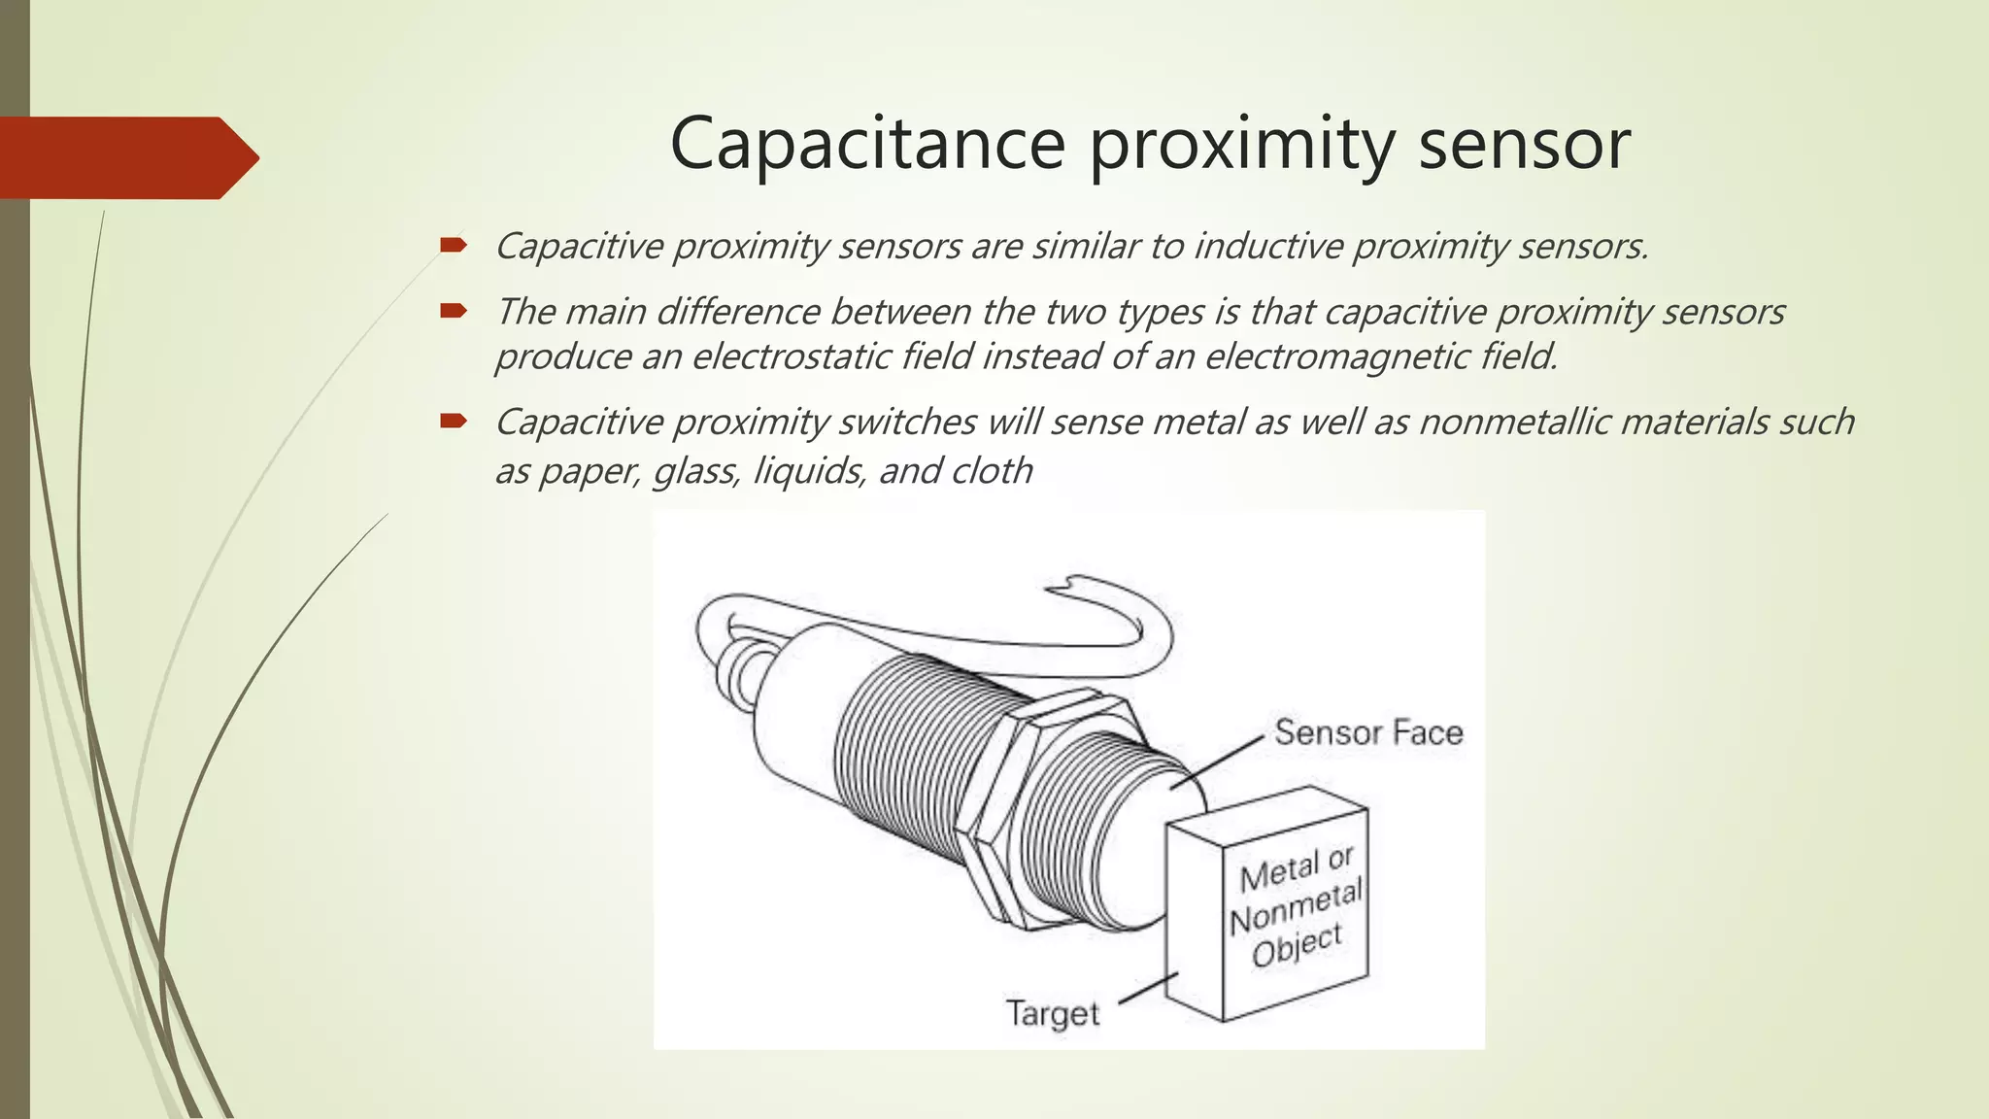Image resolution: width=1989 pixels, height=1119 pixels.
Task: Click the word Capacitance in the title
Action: pyautogui.click(x=868, y=144)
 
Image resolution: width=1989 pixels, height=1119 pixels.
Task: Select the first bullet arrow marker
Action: pyautogui.click(x=453, y=245)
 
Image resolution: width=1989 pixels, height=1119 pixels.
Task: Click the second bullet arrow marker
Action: pyautogui.click(x=453, y=311)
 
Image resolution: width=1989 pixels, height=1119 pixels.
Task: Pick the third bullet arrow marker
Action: pyautogui.click(x=453, y=421)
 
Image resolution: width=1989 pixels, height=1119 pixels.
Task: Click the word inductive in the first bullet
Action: pyautogui.click(x=1266, y=247)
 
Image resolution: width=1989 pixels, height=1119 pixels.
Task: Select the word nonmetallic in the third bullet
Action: pyautogui.click(x=1514, y=423)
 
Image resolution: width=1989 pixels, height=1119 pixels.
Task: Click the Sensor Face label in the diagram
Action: pyautogui.click(x=1367, y=732)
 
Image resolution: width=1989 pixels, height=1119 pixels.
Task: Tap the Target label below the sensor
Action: pyautogui.click(x=1053, y=1013)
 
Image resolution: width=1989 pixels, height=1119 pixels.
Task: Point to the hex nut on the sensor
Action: pyautogui.click(x=1020, y=806)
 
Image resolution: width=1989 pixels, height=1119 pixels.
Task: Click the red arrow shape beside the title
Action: pyautogui.click(x=126, y=157)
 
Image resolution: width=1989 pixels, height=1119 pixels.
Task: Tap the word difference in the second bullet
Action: pyautogui.click(x=739, y=313)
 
